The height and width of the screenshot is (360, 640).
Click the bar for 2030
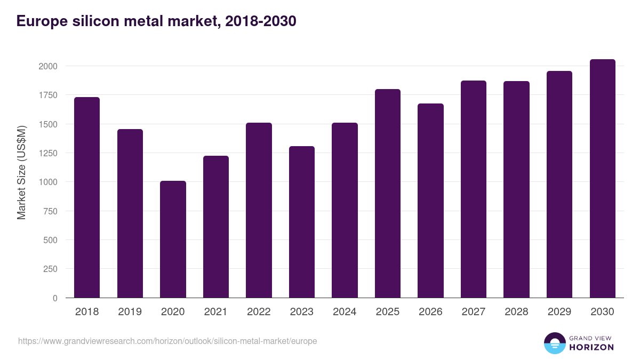[602, 179]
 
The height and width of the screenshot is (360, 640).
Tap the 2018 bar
[87, 197]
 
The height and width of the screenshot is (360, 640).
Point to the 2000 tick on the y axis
[48, 66]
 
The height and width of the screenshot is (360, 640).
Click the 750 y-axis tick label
[50, 211]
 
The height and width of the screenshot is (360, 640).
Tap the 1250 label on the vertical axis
[48, 153]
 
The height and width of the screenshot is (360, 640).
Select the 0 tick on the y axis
[55, 298]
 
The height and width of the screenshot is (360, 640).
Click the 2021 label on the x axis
[216, 312]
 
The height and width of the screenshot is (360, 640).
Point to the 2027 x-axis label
[474, 312]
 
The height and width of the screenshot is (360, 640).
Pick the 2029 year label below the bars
[559, 312]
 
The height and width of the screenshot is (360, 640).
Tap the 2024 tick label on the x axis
[345, 312]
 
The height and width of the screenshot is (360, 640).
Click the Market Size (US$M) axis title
[21, 172]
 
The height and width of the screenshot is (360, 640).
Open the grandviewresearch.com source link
[167, 341]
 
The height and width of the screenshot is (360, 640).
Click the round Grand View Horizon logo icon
[555, 343]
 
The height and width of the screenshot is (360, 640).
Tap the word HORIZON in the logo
[591, 347]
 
